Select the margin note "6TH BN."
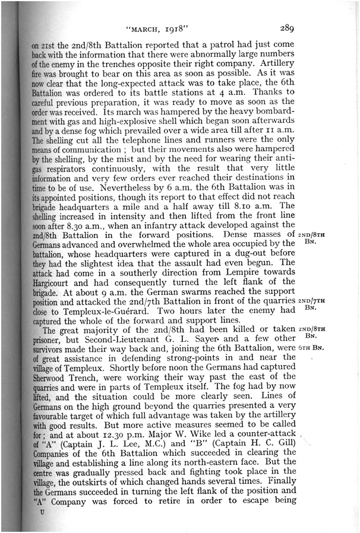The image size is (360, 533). click(x=311, y=347)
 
